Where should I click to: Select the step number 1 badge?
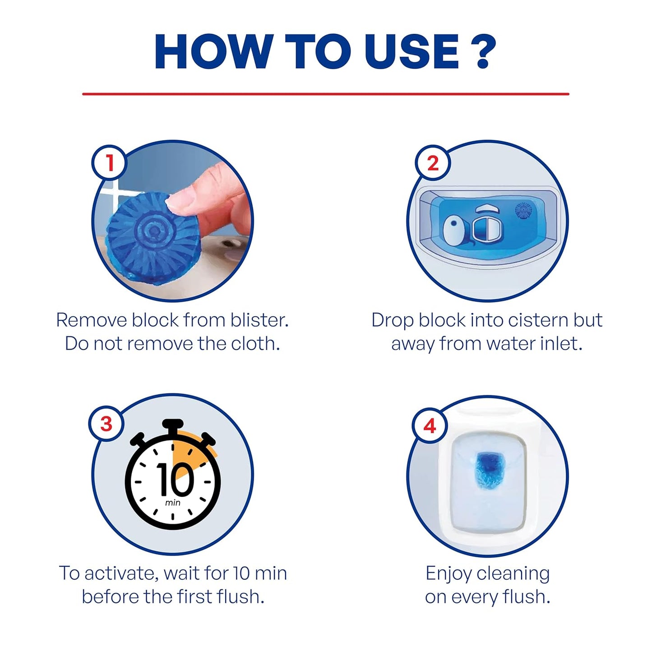coord(110,162)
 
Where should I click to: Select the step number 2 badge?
coord(432,163)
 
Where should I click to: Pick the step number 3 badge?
coord(106,424)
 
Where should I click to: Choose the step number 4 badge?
coord(430,425)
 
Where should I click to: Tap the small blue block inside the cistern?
coord(523,210)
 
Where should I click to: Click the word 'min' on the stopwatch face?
coord(172,503)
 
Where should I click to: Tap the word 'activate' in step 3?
coord(121,573)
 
